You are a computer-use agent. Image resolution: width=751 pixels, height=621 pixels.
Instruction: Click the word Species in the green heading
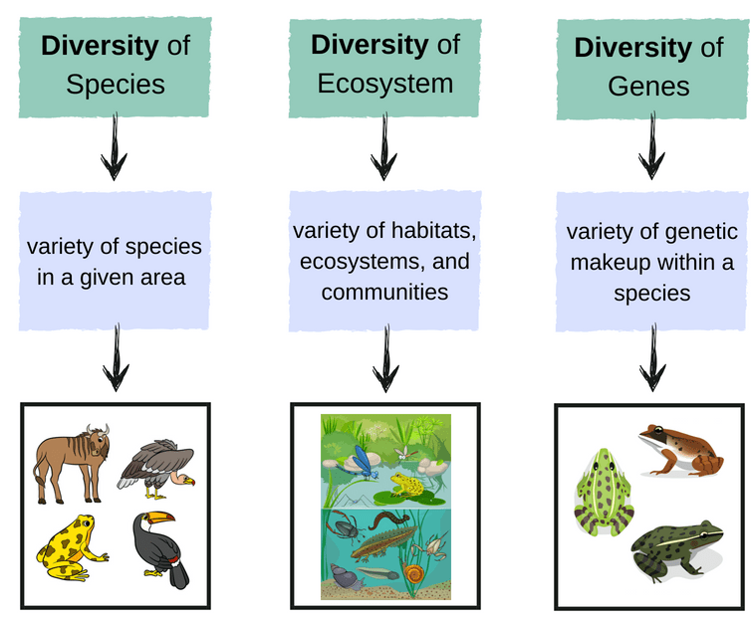(116, 86)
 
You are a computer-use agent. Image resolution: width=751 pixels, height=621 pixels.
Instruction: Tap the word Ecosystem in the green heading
(385, 84)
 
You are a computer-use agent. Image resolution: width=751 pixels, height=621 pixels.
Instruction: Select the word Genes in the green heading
(648, 87)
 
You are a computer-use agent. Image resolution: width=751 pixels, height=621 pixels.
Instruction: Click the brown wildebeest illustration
(72, 463)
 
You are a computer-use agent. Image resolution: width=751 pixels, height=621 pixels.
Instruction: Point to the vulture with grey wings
(156, 469)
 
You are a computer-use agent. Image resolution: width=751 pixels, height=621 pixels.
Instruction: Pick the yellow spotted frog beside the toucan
(72, 547)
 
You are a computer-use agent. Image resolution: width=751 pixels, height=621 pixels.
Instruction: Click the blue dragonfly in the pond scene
(361, 462)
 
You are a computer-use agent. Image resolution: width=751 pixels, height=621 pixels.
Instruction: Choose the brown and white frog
(681, 450)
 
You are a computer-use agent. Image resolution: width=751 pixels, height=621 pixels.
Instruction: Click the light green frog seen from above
(604, 492)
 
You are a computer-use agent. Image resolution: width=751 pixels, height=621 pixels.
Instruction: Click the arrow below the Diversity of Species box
(114, 147)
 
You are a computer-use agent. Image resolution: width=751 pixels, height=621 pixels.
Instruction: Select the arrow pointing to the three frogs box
(652, 358)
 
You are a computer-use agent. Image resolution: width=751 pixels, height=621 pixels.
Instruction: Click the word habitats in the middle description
(434, 231)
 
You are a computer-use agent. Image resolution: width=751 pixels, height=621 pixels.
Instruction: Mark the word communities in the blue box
(384, 292)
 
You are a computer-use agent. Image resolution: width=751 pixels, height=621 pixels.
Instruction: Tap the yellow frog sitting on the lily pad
(406, 485)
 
